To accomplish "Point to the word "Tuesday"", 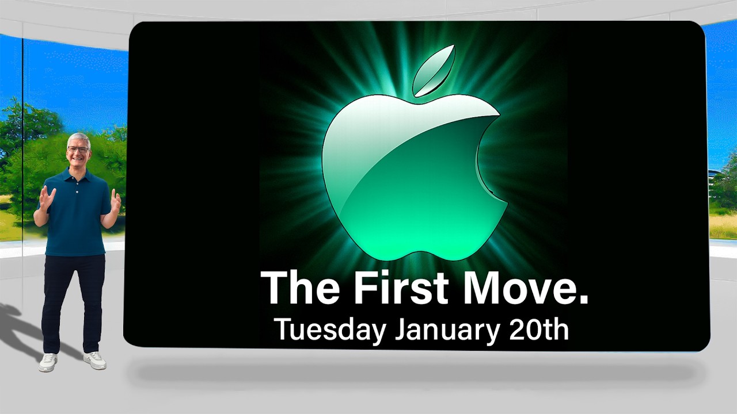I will pyautogui.click(x=330, y=329).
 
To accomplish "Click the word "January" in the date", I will pyautogui.click(x=449, y=329).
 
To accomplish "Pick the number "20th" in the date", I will pyautogui.click(x=540, y=329).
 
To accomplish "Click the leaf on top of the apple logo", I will pyautogui.click(x=434, y=71).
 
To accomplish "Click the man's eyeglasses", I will pyautogui.click(x=78, y=149).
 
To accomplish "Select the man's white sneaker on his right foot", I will pyautogui.click(x=48, y=362).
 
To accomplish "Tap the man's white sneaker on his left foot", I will pyautogui.click(x=94, y=360).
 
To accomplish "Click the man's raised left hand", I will pyautogui.click(x=116, y=201).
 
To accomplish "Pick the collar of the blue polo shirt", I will pyautogui.click(x=78, y=171).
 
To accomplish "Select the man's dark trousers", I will pyautogui.click(x=74, y=299).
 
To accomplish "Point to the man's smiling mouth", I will pyautogui.click(x=78, y=159).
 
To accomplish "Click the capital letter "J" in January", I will pyautogui.click(x=401, y=329).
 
